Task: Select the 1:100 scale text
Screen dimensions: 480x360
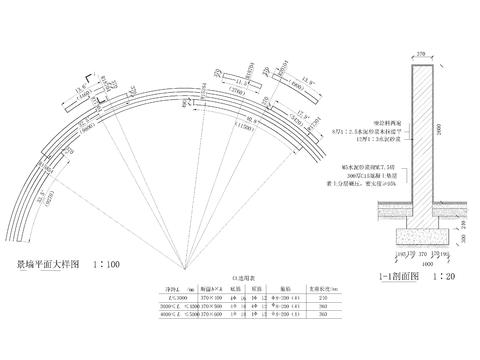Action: [x=105, y=265]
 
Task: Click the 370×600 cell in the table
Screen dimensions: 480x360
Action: [x=211, y=315]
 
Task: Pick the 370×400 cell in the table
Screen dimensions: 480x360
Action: [x=211, y=298]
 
